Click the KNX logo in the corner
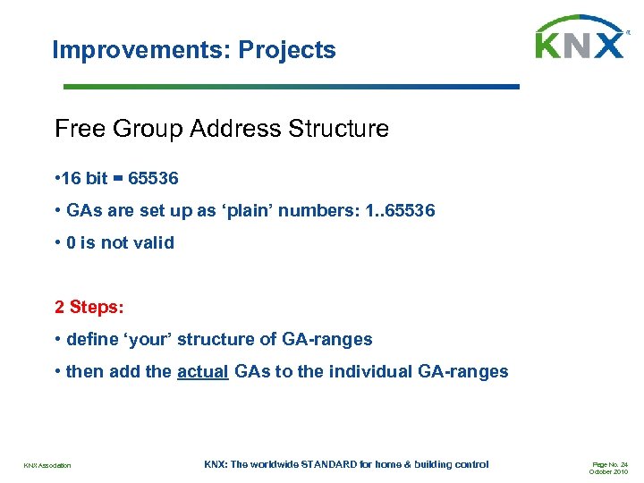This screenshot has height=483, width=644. pos(580,39)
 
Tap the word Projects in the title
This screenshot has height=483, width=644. pos(287,50)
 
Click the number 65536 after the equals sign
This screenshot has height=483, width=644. pos(153,179)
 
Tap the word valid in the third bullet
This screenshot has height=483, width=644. pos(151,243)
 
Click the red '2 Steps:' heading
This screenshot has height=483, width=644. pos(89,308)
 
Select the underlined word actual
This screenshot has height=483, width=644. pos(202,372)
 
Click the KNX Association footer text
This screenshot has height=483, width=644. pos(47,465)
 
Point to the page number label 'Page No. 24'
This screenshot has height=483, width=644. pos(609,464)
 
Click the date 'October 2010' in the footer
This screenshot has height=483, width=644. pos(609,472)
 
